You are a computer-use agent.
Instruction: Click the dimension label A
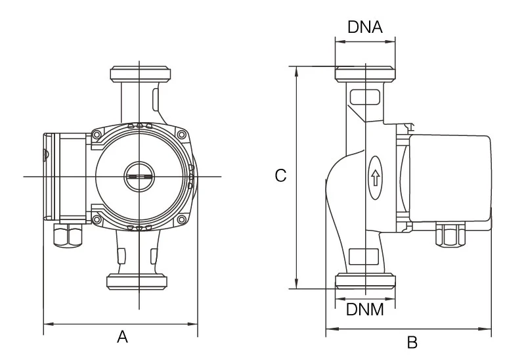pyautogui.click(x=122, y=337)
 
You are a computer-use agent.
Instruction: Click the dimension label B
pyautogui.click(x=412, y=342)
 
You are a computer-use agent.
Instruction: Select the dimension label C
pyautogui.click(x=280, y=176)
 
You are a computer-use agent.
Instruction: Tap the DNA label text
pyautogui.click(x=365, y=27)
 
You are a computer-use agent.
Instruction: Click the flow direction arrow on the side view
pyautogui.click(x=375, y=177)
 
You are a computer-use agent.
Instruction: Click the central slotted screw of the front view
pyautogui.click(x=139, y=177)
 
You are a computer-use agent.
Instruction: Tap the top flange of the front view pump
pyautogui.click(x=140, y=74)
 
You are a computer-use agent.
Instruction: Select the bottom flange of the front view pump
pyautogui.click(x=139, y=282)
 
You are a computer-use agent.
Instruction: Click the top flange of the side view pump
pyautogui.click(x=365, y=74)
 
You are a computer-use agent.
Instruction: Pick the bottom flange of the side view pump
pyautogui.click(x=365, y=282)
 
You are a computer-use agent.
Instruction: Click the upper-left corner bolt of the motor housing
pyautogui.click(x=97, y=135)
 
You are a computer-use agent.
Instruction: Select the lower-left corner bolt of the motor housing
pyautogui.click(x=97, y=219)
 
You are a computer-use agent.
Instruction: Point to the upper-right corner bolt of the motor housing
pyautogui.click(x=184, y=135)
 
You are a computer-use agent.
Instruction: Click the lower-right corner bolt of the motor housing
pyautogui.click(x=184, y=219)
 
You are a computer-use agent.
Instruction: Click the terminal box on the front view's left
pyautogui.click(x=64, y=177)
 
